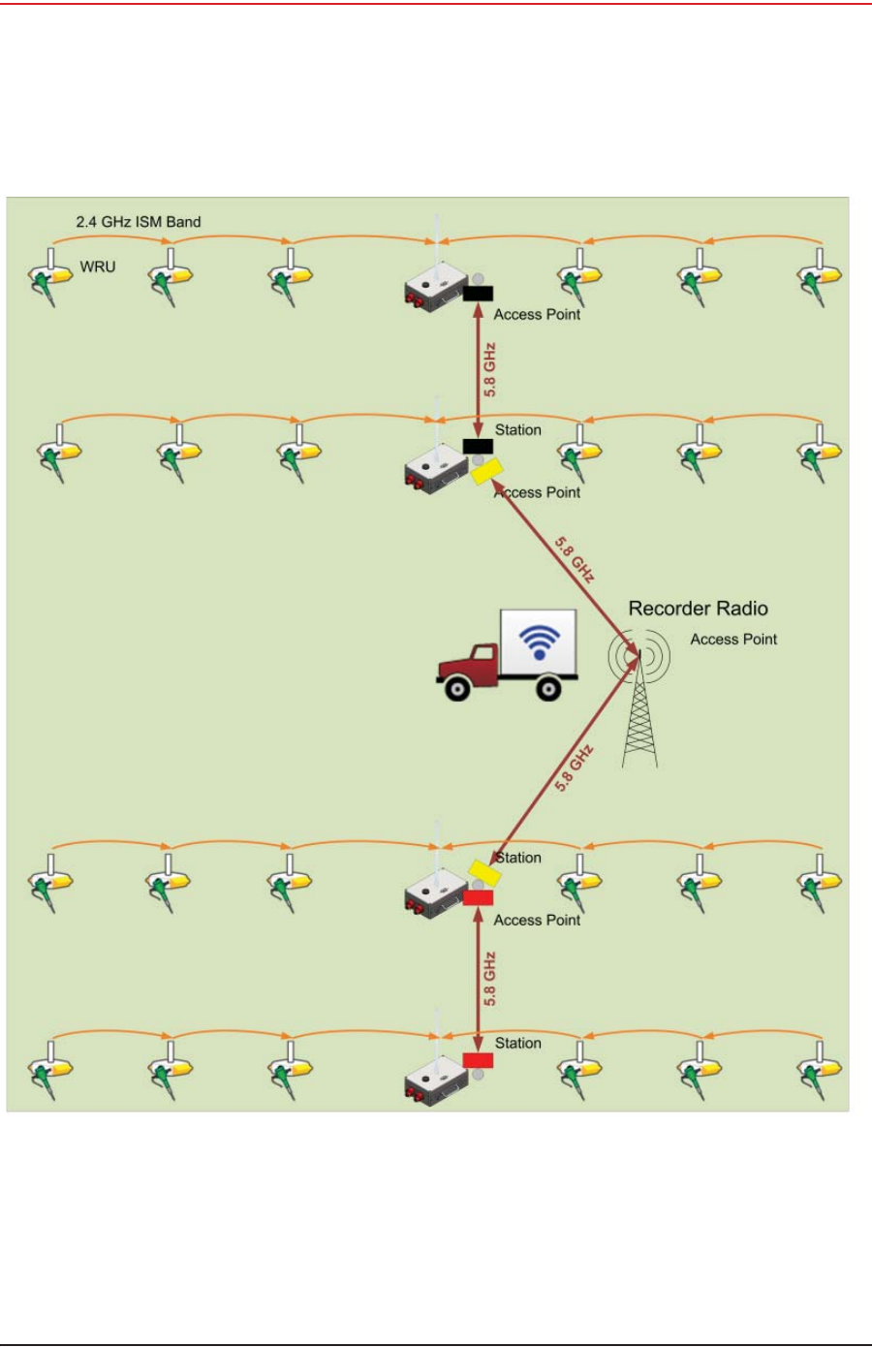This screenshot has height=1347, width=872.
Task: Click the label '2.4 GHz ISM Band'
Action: click(139, 222)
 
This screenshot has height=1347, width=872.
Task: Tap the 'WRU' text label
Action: click(98, 266)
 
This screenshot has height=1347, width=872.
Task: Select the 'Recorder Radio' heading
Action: click(698, 609)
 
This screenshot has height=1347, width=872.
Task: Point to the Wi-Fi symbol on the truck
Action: click(540, 641)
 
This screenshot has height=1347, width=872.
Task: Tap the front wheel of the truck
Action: click(456, 688)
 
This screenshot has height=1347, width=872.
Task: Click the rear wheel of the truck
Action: click(548, 688)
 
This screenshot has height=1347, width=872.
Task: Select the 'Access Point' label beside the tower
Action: click(733, 640)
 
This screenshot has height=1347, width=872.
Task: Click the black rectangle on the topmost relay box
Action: click(478, 294)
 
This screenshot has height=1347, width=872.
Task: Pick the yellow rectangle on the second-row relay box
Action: click(486, 471)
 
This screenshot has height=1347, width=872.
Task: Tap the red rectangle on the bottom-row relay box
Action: click(478, 1060)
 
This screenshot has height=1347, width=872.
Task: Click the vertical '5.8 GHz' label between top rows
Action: click(490, 369)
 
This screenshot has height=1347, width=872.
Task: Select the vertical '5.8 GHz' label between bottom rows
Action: click(490, 979)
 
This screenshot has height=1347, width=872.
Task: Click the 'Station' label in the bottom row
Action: click(518, 1044)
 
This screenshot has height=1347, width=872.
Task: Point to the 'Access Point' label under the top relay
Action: click(537, 315)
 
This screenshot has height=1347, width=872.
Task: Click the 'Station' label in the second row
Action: click(518, 430)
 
